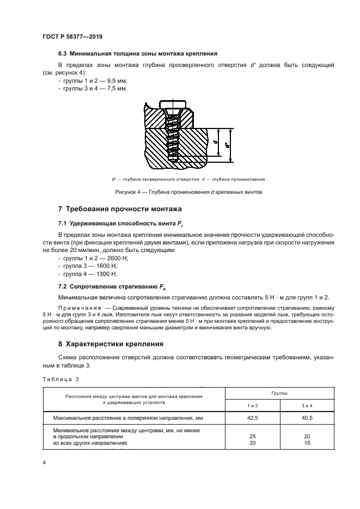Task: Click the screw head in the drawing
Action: (x=172, y=105)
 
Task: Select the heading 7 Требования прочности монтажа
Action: (x=120, y=210)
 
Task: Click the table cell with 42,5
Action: (x=253, y=418)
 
